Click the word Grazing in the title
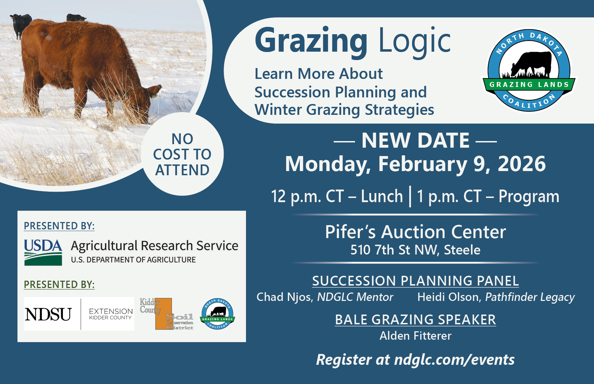[x=311, y=41]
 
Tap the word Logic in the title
[x=415, y=41]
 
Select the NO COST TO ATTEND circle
[x=182, y=154]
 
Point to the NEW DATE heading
[x=415, y=140]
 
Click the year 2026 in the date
[x=521, y=164]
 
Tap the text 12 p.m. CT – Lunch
[x=337, y=196]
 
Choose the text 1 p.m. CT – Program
[x=488, y=196]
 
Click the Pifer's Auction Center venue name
[x=415, y=232]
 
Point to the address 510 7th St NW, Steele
[x=415, y=250]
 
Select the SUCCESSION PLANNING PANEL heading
[x=415, y=281]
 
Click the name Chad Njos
[x=285, y=297]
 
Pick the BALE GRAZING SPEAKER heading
[x=415, y=319]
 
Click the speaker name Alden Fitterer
[x=415, y=336]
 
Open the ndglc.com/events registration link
[x=454, y=360]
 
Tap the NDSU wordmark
[x=48, y=314]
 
